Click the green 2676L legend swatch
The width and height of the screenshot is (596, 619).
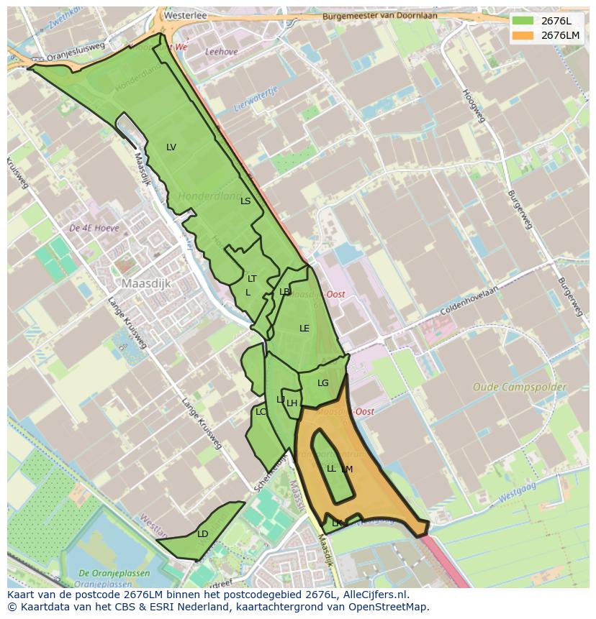pyautogui.click(x=523, y=20)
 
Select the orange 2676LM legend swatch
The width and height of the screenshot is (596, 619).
pyautogui.click(x=523, y=35)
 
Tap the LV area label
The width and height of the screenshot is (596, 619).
pyautogui.click(x=171, y=147)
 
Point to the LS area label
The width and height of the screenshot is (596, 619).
pyautogui.click(x=245, y=201)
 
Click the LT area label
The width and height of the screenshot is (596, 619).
pyautogui.click(x=252, y=279)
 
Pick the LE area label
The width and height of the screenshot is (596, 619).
pyautogui.click(x=304, y=329)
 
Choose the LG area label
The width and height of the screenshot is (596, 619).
pyautogui.click(x=322, y=383)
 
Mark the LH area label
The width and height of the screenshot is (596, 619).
pyautogui.click(x=292, y=403)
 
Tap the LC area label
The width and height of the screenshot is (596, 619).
pyautogui.click(x=261, y=412)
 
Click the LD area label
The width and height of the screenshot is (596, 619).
pyautogui.click(x=202, y=534)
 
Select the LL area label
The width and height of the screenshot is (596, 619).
pyautogui.click(x=331, y=469)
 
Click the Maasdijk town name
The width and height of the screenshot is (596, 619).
pyautogui.click(x=146, y=284)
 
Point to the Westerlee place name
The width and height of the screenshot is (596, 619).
pyautogui.click(x=185, y=14)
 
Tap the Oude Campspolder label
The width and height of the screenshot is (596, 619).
pyautogui.click(x=519, y=388)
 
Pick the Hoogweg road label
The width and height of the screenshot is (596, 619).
pyautogui.click(x=475, y=105)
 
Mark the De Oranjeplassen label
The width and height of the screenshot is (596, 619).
pyautogui.click(x=114, y=573)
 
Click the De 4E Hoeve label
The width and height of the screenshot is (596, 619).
pyautogui.click(x=94, y=228)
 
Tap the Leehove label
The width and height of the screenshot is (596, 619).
pyautogui.click(x=221, y=52)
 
